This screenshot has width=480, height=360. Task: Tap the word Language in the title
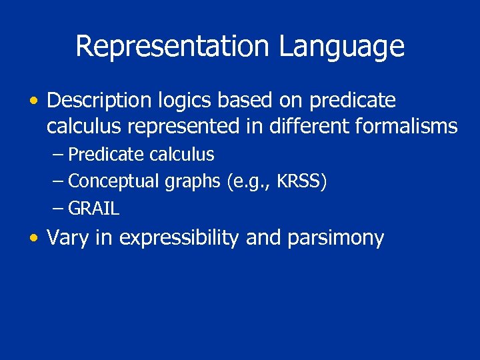(341, 47)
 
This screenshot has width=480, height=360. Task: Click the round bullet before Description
(34, 101)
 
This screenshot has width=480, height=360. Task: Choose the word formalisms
(408, 126)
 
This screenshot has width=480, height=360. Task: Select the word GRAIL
(94, 209)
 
